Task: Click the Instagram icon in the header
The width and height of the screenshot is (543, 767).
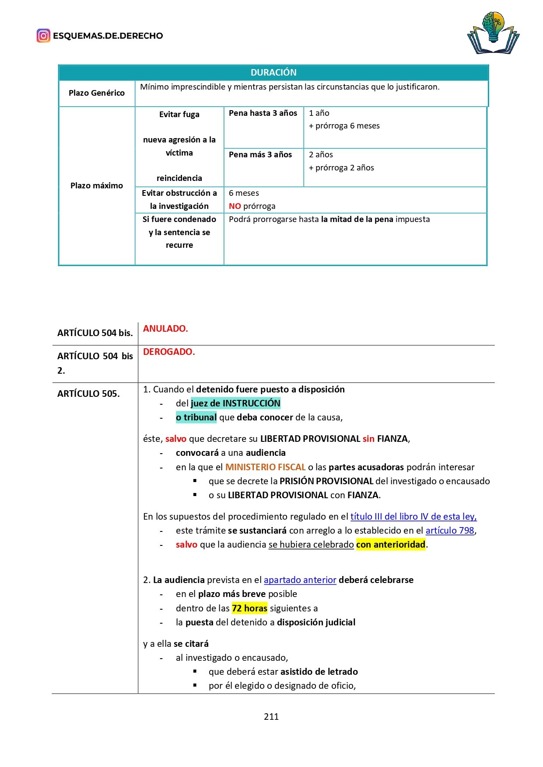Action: pyautogui.click(x=43, y=36)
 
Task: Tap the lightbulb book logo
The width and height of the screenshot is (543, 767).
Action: pyautogui.click(x=493, y=33)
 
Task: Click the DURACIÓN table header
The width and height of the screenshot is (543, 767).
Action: pyautogui.click(x=273, y=73)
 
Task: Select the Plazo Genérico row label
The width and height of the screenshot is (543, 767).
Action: pyautogui.click(x=97, y=93)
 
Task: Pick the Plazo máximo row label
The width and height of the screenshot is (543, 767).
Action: pyautogui.click(x=97, y=186)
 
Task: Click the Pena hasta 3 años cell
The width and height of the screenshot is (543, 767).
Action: pyautogui.click(x=263, y=113)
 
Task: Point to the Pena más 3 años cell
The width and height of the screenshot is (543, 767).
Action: pyautogui.click(x=260, y=155)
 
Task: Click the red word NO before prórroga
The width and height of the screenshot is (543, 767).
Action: pyautogui.click(x=235, y=206)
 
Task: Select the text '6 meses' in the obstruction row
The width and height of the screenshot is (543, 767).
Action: pyautogui.click(x=244, y=193)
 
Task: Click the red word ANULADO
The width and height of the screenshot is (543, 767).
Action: pyautogui.click(x=165, y=329)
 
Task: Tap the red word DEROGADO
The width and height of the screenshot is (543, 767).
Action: pyautogui.click(x=169, y=352)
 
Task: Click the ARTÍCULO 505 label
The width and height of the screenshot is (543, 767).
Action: pyautogui.click(x=88, y=394)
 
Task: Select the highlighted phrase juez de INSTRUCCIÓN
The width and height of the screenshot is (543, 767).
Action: pyautogui.click(x=235, y=403)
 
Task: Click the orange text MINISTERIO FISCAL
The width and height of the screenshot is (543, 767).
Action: pyautogui.click(x=265, y=467)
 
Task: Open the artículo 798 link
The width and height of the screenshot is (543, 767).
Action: pyautogui.click(x=450, y=531)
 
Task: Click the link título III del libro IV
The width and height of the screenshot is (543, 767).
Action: pyautogui.click(x=413, y=517)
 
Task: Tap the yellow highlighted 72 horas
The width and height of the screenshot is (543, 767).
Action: pyautogui.click(x=249, y=608)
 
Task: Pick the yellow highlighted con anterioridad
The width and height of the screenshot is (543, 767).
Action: pyautogui.click(x=391, y=545)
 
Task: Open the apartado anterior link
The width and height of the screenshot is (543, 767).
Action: pyautogui.click(x=300, y=580)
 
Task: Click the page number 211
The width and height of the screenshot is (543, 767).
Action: pyautogui.click(x=271, y=716)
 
